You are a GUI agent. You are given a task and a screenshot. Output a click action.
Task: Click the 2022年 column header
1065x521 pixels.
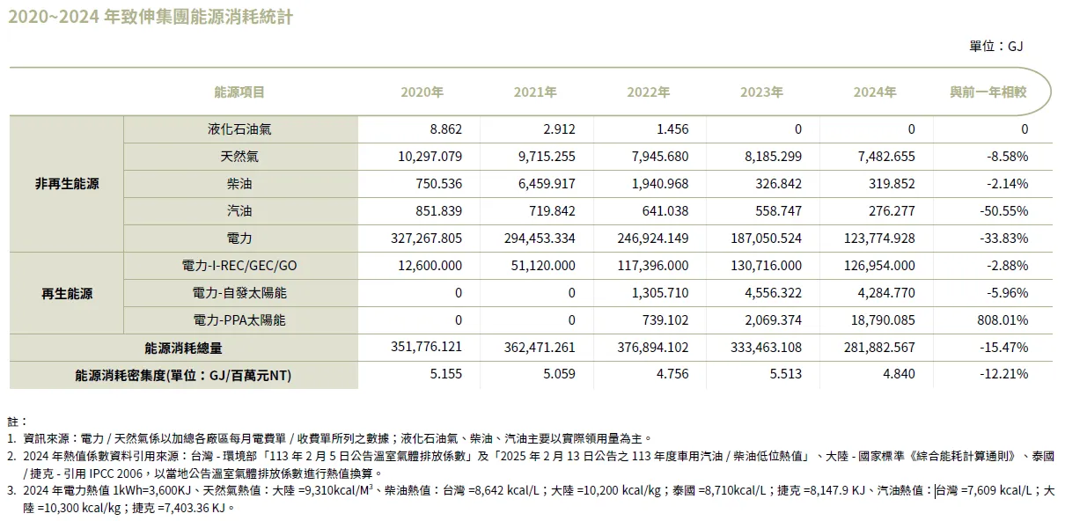(649, 92)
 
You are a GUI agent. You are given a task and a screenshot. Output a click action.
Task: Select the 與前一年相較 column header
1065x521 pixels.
(988, 92)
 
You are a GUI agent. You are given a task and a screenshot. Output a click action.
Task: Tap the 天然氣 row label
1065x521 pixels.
(239, 157)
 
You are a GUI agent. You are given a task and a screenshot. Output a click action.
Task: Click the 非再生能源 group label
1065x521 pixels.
(67, 184)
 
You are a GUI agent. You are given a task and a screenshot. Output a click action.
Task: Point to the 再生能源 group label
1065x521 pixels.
(67, 293)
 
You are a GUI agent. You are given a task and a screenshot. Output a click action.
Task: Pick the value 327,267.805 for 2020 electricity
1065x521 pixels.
(426, 238)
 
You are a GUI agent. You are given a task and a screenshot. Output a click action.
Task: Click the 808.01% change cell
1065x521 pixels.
(1003, 320)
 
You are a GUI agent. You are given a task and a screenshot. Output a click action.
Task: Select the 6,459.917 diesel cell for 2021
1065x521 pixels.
(543, 184)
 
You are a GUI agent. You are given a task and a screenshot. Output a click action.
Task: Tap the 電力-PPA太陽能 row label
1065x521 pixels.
(239, 320)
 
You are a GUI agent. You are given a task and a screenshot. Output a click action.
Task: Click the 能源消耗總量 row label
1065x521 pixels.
(183, 348)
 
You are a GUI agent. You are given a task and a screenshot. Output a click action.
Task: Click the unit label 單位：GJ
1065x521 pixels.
(995, 46)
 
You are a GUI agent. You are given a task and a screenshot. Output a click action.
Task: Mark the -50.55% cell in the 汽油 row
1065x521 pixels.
(1004, 211)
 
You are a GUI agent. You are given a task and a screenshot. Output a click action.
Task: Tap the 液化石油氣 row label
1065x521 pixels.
(239, 129)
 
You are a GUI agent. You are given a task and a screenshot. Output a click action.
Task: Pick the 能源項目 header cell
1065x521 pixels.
(239, 92)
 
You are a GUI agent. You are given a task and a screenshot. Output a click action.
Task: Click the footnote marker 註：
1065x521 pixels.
(18, 422)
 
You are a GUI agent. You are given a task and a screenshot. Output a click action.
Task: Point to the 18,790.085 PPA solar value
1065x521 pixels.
(881, 320)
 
